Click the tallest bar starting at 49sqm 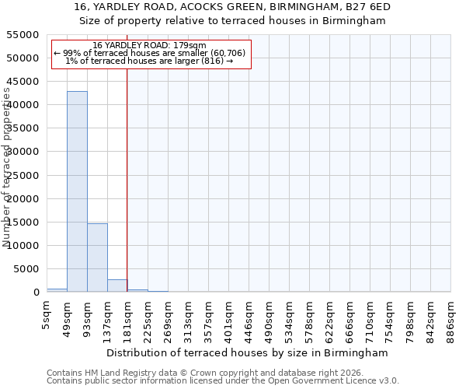pos(77,191)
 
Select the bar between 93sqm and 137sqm pos(97,258)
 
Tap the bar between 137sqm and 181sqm pos(117,286)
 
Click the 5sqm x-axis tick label pos(47,315)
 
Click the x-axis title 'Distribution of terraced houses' pos(257,352)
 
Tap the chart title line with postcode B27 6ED pos(232,7)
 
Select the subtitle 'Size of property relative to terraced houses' pos(232,21)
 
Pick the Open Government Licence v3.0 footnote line pos(223,381)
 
